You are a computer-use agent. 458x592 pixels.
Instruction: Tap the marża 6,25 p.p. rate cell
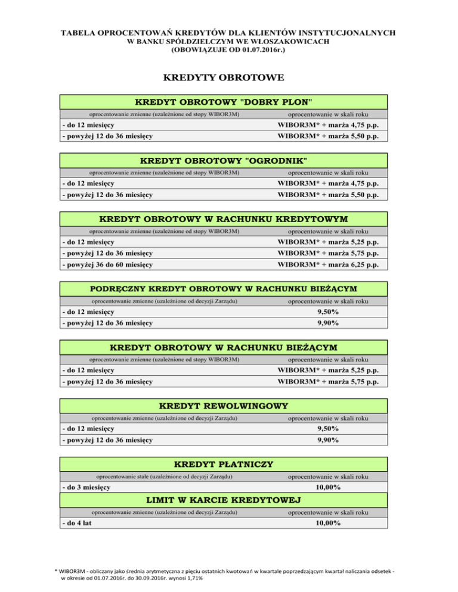(x=327, y=264)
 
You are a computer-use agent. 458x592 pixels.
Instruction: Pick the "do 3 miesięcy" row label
(x=87, y=487)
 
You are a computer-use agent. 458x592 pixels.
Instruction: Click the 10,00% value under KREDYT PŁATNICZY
(x=327, y=487)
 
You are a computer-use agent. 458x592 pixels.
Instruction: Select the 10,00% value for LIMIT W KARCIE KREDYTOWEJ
(x=327, y=523)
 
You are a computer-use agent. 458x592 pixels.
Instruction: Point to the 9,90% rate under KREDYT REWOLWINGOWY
(x=327, y=440)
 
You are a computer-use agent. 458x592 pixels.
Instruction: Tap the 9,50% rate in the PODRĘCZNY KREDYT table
(x=327, y=311)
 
